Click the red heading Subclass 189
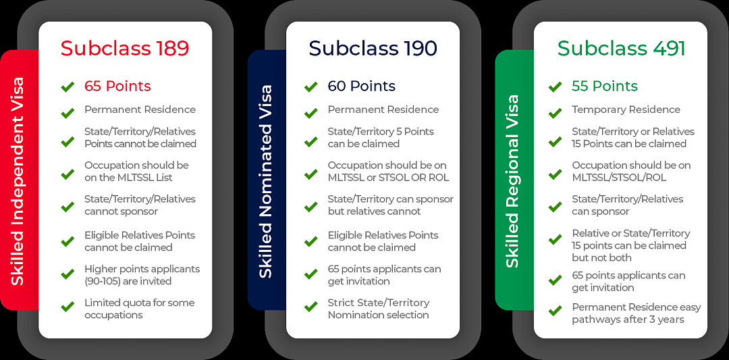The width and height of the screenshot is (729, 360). pyautogui.click(x=125, y=49)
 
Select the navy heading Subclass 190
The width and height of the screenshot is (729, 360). pyautogui.click(x=373, y=49)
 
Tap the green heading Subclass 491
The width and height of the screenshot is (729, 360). pyautogui.click(x=622, y=49)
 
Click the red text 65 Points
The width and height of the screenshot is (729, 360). pyautogui.click(x=117, y=86)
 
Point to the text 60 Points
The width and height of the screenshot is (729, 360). pyautogui.click(x=362, y=86)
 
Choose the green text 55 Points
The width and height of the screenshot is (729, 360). pyautogui.click(x=605, y=86)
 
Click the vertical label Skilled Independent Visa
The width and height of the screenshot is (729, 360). pyautogui.click(x=17, y=182)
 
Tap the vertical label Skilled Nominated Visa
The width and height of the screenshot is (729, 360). pyautogui.click(x=265, y=182)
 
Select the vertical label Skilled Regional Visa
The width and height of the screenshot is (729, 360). pyautogui.click(x=512, y=182)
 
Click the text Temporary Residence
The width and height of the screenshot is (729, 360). pyautogui.click(x=626, y=110)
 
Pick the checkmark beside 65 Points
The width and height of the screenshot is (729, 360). pyautogui.click(x=68, y=86)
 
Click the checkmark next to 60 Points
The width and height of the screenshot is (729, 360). pyautogui.click(x=311, y=86)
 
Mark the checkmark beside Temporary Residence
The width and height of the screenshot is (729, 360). pyautogui.click(x=555, y=113)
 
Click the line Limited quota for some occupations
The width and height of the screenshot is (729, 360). pyautogui.click(x=140, y=309)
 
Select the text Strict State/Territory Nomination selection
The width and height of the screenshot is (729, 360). pyautogui.click(x=379, y=309)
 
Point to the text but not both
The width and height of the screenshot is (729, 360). pyautogui.click(x=601, y=258)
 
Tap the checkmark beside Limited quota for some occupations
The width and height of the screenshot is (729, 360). pyautogui.click(x=68, y=307)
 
